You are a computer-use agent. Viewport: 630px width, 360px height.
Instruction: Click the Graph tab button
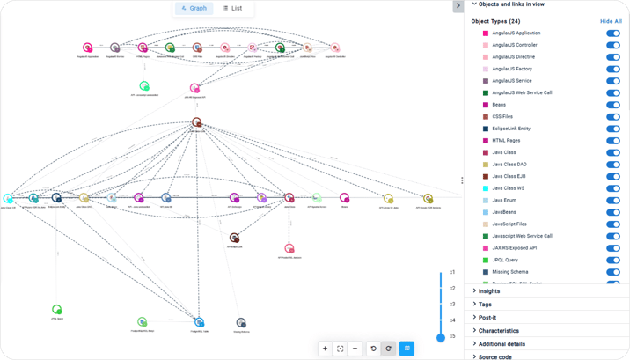pyautogui.click(x=194, y=9)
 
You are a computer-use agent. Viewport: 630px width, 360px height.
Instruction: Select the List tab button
pyautogui.click(x=233, y=9)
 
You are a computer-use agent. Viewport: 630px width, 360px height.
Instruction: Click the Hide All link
pyautogui.click(x=611, y=20)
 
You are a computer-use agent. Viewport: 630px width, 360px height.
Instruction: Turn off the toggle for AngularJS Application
pyautogui.click(x=613, y=33)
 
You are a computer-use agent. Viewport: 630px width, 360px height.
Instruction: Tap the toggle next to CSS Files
pyautogui.click(x=613, y=116)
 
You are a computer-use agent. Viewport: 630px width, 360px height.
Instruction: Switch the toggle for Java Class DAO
pyautogui.click(x=613, y=165)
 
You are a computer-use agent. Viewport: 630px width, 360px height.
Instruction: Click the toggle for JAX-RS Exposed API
pyautogui.click(x=613, y=248)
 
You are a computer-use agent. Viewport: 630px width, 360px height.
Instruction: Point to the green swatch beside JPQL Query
pyautogui.click(x=486, y=261)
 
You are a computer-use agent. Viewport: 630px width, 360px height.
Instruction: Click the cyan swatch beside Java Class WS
pyautogui.click(x=486, y=188)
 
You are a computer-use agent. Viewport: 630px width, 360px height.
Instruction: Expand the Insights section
pyautogui.click(x=489, y=291)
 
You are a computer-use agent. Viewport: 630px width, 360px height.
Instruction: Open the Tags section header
pyautogui.click(x=486, y=305)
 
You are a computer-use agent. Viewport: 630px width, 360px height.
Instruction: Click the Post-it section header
pyautogui.click(x=488, y=318)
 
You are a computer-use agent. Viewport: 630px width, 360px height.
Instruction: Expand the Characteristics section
pyautogui.click(x=498, y=331)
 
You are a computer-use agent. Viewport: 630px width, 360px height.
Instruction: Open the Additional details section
pyautogui.click(x=502, y=344)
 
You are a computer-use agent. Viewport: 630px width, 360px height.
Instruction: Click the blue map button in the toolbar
pyautogui.click(x=407, y=349)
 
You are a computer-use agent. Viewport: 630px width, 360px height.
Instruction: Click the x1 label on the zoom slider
pyautogui.click(x=452, y=272)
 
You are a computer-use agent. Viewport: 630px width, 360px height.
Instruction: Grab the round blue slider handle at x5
pyautogui.click(x=441, y=337)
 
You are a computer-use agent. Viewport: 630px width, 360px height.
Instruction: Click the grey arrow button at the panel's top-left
pyautogui.click(x=458, y=5)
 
